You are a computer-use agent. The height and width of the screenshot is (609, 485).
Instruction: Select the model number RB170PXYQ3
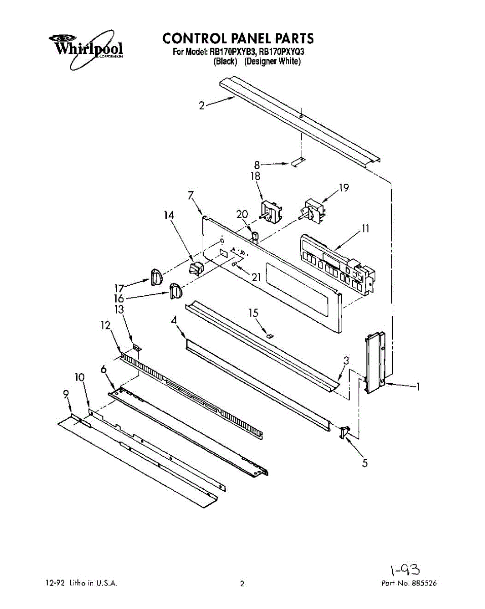pos(282,52)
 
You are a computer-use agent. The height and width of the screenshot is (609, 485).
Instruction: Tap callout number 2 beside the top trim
pos(202,106)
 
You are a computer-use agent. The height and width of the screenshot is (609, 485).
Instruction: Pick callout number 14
pos(169,215)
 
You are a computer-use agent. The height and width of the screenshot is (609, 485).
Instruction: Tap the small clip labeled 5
pos(345,432)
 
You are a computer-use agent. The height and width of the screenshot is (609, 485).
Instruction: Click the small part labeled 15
pos(270,334)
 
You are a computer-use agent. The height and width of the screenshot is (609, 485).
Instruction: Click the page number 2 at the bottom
pos(242,584)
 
